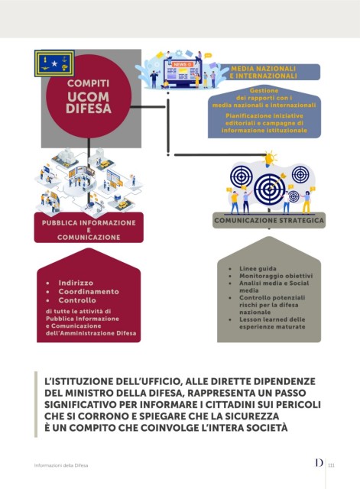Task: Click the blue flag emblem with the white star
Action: [54, 63]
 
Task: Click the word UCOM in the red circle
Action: [89, 97]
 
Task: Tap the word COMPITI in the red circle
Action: [89, 83]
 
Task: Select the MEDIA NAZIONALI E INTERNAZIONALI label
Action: [263, 72]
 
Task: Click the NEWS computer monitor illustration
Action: [183, 73]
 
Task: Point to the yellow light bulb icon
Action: [269, 159]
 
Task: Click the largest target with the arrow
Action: [270, 189]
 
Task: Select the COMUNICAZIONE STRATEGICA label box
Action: [269, 221]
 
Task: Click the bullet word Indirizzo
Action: [76, 283]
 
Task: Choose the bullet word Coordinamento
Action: [89, 292]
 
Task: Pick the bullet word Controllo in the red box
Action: [77, 300]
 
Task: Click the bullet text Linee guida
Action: [258, 268]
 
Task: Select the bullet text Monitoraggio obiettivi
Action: [276, 276]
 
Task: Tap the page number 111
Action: [331, 465]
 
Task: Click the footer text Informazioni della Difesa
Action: [61, 465]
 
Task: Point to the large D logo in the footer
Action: [319, 462]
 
